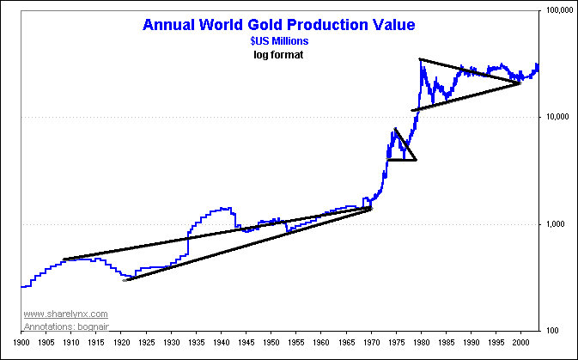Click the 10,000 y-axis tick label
pos(558,117)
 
